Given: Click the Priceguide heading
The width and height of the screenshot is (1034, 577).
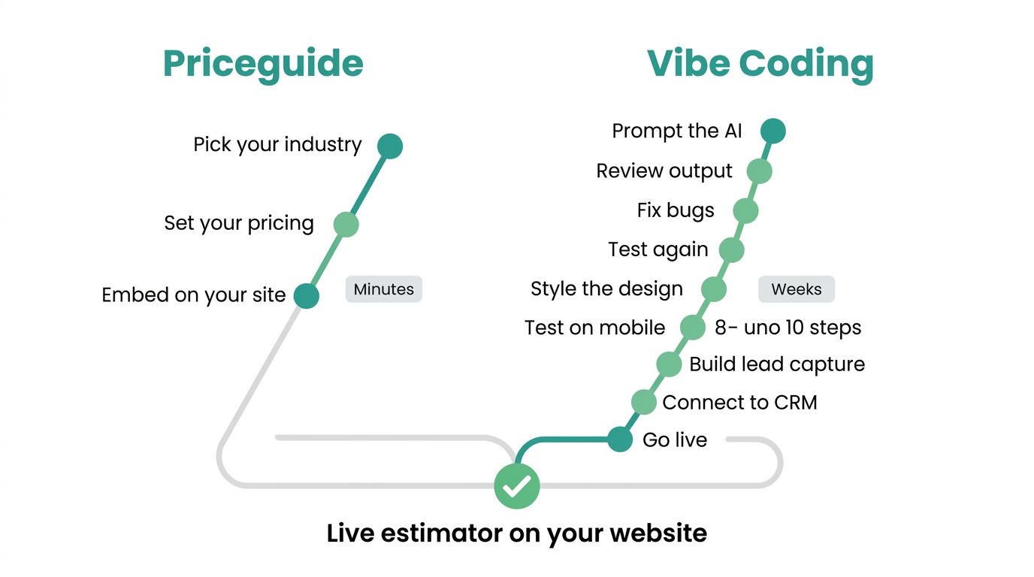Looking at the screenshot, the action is [263, 65].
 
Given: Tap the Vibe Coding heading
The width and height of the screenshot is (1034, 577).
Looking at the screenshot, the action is [760, 65].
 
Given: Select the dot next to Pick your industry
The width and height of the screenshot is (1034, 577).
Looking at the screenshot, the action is [390, 147].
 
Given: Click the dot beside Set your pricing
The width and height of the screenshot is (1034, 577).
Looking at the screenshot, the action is [346, 225].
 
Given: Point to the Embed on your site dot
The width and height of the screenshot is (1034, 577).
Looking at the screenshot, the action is [307, 296].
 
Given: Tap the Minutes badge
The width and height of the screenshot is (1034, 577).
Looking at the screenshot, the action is [383, 289].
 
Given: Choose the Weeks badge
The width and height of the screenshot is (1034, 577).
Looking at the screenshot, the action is [797, 289].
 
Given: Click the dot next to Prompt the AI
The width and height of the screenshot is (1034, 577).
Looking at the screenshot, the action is [773, 131].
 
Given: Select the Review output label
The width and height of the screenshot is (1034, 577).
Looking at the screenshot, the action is [664, 171].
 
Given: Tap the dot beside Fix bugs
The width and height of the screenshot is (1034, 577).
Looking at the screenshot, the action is [746, 211].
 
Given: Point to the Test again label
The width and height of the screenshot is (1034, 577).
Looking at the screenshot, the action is [658, 249].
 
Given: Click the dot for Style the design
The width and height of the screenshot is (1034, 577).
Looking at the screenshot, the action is [714, 289].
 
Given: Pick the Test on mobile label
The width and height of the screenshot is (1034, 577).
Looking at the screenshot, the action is [595, 328].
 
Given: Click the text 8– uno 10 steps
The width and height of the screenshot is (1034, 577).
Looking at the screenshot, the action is [788, 328].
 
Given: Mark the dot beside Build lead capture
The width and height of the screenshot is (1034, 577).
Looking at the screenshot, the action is [670, 364].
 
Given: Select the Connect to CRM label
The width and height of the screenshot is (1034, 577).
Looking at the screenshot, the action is [740, 403].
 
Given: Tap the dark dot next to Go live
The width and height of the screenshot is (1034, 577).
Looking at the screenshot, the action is [620, 440].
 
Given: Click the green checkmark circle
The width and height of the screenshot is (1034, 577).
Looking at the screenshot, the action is [517, 486].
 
